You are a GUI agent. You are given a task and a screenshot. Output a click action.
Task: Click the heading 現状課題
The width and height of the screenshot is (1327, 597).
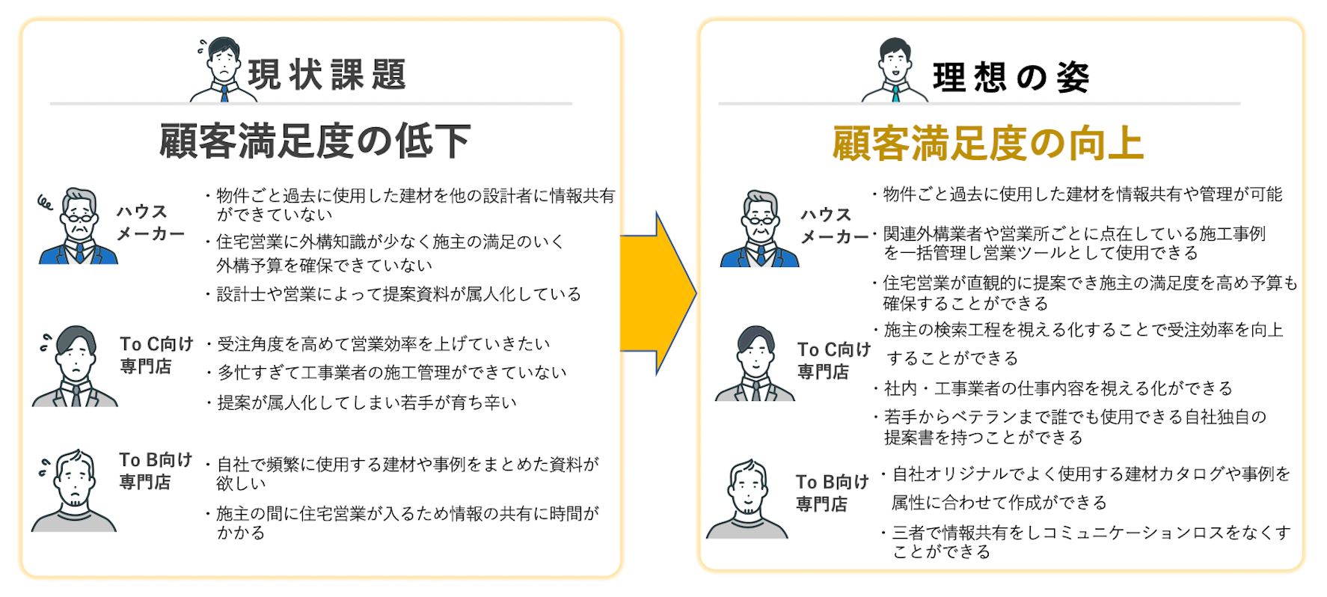tap(327, 75)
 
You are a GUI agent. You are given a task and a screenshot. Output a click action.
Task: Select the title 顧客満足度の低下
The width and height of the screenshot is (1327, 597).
tap(315, 141)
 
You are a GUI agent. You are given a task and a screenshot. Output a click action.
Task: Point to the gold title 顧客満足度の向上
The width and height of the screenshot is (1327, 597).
tap(987, 143)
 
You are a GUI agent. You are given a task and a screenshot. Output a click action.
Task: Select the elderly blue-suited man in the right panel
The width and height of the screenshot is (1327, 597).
tap(760, 230)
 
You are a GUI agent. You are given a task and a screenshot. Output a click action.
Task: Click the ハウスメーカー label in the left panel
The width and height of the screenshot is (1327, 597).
tap(149, 222)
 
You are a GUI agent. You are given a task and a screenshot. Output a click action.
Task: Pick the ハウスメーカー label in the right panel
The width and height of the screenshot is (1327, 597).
tap(832, 225)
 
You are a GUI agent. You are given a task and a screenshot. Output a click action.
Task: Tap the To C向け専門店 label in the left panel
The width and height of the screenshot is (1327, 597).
tap(156, 355)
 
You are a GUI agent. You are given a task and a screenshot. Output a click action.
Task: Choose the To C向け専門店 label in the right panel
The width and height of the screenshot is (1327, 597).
tap(833, 360)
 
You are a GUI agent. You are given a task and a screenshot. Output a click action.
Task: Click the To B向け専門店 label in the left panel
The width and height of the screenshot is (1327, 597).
tap(155, 471)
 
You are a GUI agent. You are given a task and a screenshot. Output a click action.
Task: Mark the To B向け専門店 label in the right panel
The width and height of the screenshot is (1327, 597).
tap(831, 492)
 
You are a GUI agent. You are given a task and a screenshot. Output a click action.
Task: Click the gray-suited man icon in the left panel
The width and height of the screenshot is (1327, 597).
tap(76, 367)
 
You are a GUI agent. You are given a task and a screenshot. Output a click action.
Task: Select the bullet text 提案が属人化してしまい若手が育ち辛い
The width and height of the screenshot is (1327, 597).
tap(367, 402)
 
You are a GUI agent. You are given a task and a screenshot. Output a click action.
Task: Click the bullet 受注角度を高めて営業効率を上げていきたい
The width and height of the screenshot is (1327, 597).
tap(383, 344)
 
